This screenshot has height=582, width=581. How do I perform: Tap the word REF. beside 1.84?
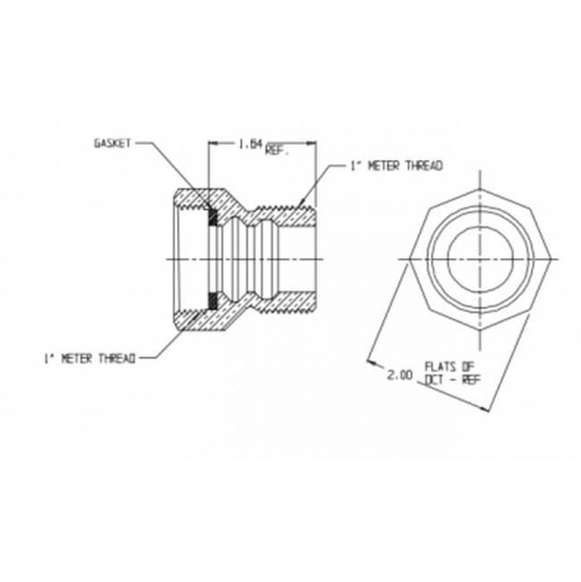(278, 150)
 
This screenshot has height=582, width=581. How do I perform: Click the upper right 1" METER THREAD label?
(396, 166)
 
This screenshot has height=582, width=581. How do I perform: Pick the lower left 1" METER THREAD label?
(90, 359)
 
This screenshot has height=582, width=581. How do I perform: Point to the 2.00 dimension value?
(399, 376)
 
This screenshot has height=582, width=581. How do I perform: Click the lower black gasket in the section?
(213, 300)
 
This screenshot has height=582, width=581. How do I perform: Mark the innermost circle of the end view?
(480, 259)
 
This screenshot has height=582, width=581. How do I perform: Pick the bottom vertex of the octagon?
(480, 330)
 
